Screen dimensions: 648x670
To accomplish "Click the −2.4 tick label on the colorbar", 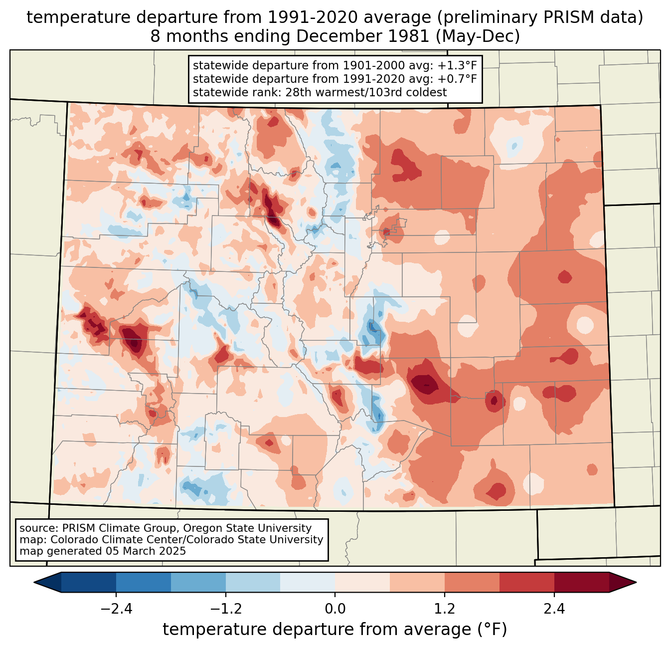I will pyautogui.click(x=116, y=609).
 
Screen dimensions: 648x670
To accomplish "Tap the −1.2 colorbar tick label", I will pyautogui.click(x=225, y=609).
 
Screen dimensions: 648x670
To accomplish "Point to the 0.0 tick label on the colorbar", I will pyautogui.click(x=335, y=609).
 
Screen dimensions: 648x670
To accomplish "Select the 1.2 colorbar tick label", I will pyautogui.click(x=445, y=609).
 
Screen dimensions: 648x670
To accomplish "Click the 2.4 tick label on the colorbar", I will pyautogui.click(x=554, y=609).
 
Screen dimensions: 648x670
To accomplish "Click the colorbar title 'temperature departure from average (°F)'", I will pyautogui.click(x=335, y=630).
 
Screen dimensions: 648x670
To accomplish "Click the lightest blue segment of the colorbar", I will pyautogui.click(x=308, y=582).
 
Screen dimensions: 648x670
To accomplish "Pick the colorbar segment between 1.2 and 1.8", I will pyautogui.click(x=472, y=582).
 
